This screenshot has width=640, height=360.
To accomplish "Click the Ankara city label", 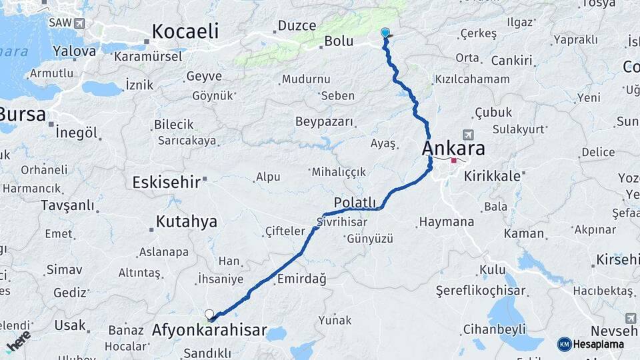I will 453,147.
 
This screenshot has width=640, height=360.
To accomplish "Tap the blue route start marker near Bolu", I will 385,32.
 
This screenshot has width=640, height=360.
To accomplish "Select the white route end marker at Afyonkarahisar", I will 209,314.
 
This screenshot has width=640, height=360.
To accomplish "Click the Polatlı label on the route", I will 355,203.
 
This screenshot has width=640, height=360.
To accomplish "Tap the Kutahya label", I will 186,221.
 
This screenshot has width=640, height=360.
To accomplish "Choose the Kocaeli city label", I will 185,31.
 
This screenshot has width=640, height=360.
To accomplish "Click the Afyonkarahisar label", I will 209,330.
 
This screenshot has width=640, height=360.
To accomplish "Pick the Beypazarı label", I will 325,121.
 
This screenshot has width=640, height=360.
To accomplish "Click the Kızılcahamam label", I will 472,79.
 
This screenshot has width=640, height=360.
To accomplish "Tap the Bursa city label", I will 22,114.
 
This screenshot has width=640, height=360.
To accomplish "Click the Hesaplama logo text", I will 599,344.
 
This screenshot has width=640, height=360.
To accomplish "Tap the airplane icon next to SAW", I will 80,23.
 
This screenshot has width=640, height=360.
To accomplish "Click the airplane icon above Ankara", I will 467,135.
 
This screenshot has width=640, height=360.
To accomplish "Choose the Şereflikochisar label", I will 480,291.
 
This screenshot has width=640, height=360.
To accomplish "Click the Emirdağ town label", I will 301,279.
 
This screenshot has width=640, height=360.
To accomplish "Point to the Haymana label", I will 446,222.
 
